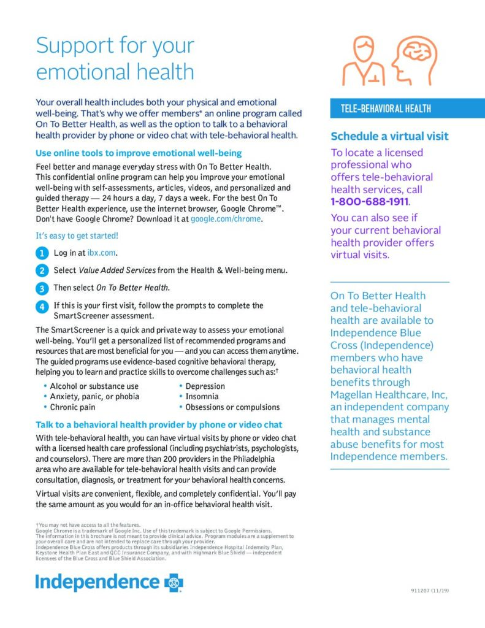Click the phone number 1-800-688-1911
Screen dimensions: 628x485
point(370,202)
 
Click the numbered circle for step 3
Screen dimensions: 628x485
point(41,288)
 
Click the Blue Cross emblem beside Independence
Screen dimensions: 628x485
point(173,582)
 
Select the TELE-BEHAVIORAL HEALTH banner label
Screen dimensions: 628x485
point(386,109)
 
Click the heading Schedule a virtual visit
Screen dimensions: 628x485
point(389,136)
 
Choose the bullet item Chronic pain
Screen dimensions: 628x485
point(72,407)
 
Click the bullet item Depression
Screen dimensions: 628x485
point(205,386)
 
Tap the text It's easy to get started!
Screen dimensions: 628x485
point(77,235)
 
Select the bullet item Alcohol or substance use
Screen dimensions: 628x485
point(94,386)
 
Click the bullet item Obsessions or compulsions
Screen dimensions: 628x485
point(232,407)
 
